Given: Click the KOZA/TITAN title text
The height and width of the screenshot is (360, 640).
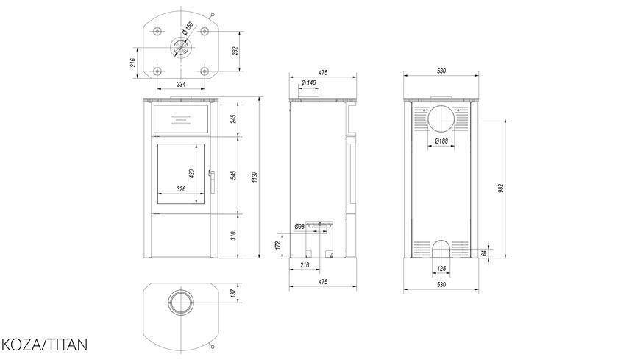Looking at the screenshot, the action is tap(44, 345).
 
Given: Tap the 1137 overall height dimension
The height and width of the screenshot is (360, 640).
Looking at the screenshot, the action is tap(255, 177).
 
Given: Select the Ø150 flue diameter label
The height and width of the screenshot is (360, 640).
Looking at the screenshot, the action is tap(188, 28).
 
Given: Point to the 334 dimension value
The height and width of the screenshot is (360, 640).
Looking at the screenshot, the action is tap(181, 84).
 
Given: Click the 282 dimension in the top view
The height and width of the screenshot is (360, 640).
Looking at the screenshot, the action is tap(235, 51).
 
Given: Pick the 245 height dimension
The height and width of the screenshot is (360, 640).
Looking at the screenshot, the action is tap(234, 119).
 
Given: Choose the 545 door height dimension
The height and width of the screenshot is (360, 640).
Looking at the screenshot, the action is tap(234, 175).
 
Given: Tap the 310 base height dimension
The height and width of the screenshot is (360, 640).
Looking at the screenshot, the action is tap(234, 236).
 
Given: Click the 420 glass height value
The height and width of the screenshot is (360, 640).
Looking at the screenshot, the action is tap(192, 173).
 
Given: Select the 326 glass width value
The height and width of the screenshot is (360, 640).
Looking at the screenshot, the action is tap(181, 188).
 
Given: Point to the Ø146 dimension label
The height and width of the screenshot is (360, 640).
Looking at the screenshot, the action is tap(308, 83).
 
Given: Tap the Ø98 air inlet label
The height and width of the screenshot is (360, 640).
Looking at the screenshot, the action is tap(299, 226).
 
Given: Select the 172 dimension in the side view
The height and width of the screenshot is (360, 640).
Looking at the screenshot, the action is tap(278, 245).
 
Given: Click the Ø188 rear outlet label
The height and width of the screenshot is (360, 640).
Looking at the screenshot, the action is tap(441, 141).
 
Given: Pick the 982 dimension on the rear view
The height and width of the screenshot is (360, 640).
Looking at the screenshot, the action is tap(502, 188).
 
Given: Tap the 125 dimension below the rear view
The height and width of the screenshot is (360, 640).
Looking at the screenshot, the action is tap(441, 269).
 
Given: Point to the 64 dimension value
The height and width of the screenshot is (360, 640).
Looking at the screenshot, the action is tap(484, 253).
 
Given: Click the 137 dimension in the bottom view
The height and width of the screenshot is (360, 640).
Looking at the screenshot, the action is tap(233, 293).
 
